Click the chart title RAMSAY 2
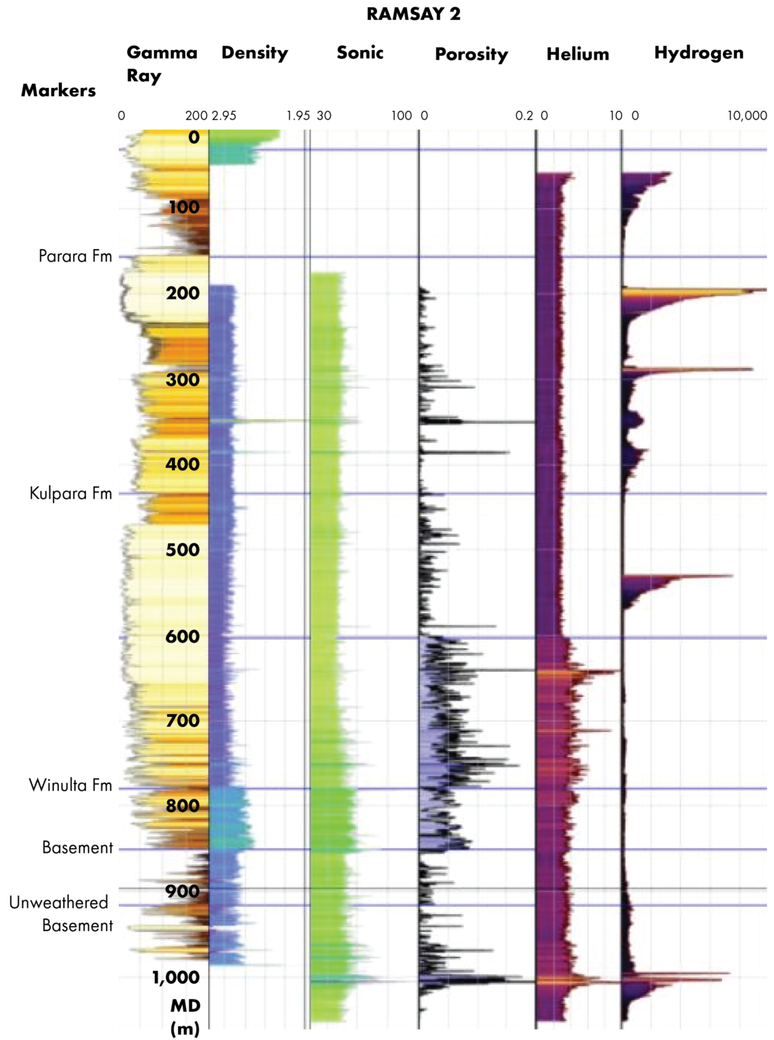point(413,15)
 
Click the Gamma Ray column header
point(162,63)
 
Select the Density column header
point(255,53)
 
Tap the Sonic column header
point(360,53)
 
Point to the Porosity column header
point(471,54)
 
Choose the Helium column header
point(578,54)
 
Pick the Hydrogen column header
point(698,53)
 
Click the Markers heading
point(58,90)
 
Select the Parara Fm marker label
point(75,257)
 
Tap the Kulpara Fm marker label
point(71,494)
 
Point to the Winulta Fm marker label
point(70,786)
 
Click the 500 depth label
point(182,550)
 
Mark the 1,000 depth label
point(175,978)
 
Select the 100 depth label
point(184,207)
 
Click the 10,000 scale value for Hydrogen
point(747,116)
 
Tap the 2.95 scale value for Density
point(224,116)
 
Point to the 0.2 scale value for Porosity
point(524,116)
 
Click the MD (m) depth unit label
point(185,1017)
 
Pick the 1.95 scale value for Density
point(298,116)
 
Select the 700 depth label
point(182,721)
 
